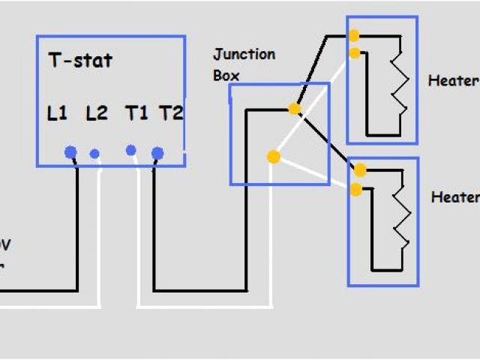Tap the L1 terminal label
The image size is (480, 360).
[x=57, y=113]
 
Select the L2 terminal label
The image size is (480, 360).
[x=97, y=113]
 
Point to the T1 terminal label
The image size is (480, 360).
[x=136, y=113]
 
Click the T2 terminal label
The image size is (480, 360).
[x=171, y=113]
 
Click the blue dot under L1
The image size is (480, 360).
[x=70, y=152]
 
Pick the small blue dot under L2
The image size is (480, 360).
[x=94, y=154]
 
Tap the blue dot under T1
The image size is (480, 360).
[x=130, y=150]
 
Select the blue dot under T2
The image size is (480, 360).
[x=157, y=153]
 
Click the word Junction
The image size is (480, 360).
[x=244, y=55]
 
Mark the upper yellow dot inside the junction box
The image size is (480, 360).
[x=295, y=109]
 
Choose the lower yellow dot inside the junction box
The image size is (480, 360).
[x=274, y=157]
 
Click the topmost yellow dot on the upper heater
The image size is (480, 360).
[x=353, y=35]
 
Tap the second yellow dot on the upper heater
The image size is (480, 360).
[x=354, y=52]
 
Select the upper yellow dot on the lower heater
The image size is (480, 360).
[x=360, y=169]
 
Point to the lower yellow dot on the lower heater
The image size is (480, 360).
[x=356, y=189]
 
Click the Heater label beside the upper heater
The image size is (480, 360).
[x=453, y=81]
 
